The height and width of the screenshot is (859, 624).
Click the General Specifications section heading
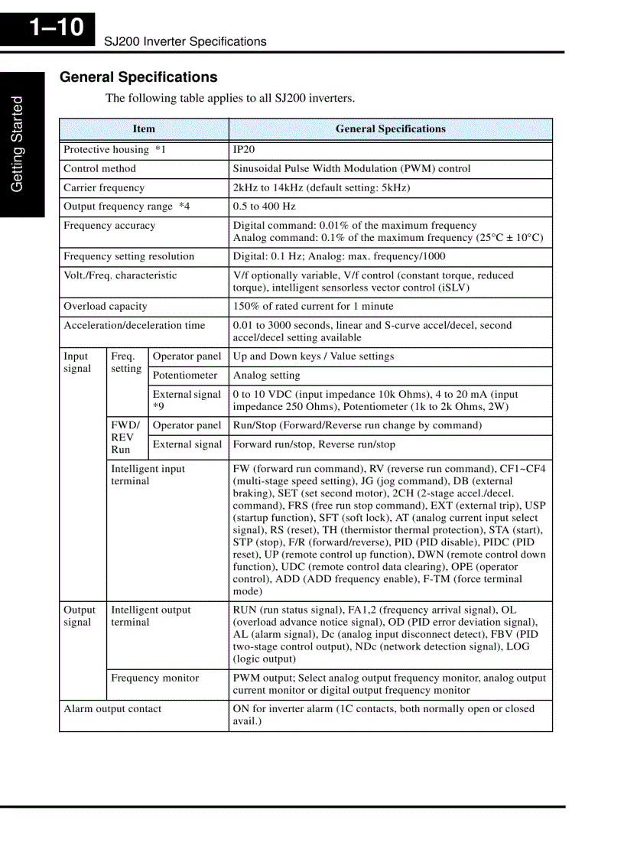point(138,77)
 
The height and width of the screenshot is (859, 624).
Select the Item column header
point(144,129)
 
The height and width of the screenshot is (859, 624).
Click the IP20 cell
point(244,150)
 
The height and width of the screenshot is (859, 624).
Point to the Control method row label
point(99,169)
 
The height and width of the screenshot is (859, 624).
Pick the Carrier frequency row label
point(104,188)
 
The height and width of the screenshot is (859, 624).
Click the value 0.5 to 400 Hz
point(264,207)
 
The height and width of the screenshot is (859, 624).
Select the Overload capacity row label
point(106,307)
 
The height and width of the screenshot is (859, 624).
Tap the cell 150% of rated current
point(313,307)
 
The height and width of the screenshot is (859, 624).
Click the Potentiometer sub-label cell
point(185,376)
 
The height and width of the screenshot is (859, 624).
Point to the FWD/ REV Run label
point(125,438)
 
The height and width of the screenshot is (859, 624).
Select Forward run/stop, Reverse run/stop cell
point(314,444)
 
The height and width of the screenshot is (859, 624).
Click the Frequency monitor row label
point(154,678)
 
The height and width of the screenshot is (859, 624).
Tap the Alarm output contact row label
point(112,709)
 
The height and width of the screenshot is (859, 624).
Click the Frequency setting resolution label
point(128,257)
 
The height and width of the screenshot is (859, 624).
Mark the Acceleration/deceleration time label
point(135,326)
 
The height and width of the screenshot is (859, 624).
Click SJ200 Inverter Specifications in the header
point(185,41)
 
